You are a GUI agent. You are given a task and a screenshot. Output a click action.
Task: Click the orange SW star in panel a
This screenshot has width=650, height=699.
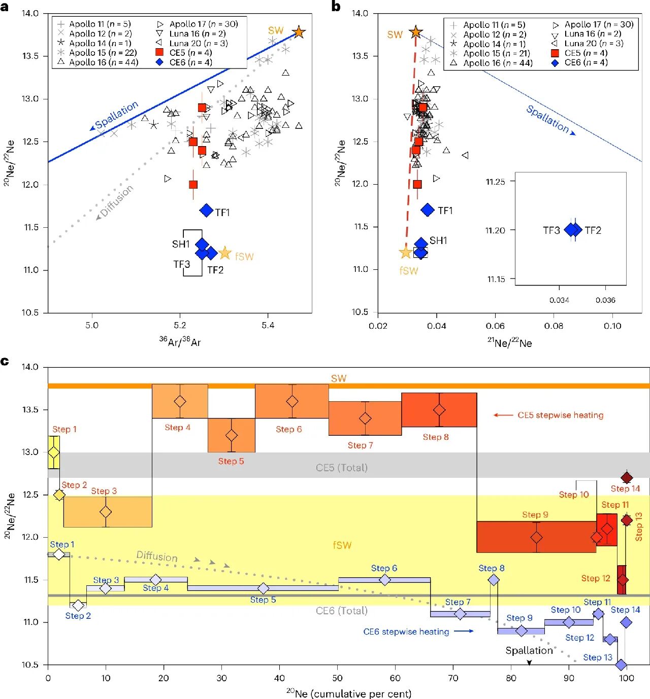point(299,32)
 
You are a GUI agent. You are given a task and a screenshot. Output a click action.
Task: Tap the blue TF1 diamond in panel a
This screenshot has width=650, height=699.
point(206,211)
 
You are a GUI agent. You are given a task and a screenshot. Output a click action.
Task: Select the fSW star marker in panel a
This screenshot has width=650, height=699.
point(224,253)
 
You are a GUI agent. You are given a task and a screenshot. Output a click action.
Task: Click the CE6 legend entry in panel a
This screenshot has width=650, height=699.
point(184,62)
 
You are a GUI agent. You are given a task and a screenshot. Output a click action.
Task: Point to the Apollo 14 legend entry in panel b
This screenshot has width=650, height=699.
point(488,44)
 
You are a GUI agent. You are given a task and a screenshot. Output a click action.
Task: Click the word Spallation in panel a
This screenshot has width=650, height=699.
point(117,115)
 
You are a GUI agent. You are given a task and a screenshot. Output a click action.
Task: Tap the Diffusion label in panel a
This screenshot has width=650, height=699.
point(117,200)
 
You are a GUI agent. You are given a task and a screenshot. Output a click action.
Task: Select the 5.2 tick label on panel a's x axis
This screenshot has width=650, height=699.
point(180,325)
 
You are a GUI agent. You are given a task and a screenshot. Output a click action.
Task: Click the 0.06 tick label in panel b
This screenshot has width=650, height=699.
point(495,326)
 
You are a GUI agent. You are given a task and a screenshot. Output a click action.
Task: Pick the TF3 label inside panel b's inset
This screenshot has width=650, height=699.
point(551,230)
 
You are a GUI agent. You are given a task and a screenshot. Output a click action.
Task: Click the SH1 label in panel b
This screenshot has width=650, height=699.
point(438,240)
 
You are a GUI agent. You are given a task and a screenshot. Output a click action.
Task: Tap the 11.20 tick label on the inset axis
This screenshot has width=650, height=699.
point(495,230)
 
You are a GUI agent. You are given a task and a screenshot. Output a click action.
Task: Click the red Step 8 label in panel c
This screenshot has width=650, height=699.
point(436,437)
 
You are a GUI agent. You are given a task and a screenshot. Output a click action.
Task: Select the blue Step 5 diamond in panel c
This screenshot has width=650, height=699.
point(264,588)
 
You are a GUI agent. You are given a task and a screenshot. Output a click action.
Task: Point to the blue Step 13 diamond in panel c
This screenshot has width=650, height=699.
point(621,665)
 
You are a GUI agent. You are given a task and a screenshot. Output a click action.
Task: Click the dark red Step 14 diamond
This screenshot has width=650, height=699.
point(626,478)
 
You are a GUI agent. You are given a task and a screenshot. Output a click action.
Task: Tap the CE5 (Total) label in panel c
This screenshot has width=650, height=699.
point(342,467)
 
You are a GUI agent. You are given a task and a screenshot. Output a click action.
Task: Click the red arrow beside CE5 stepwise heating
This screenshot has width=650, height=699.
point(503,415)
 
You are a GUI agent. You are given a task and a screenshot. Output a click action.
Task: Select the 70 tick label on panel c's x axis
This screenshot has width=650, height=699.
point(453,678)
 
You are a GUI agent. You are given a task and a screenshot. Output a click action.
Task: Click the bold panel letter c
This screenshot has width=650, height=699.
point(5,361)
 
